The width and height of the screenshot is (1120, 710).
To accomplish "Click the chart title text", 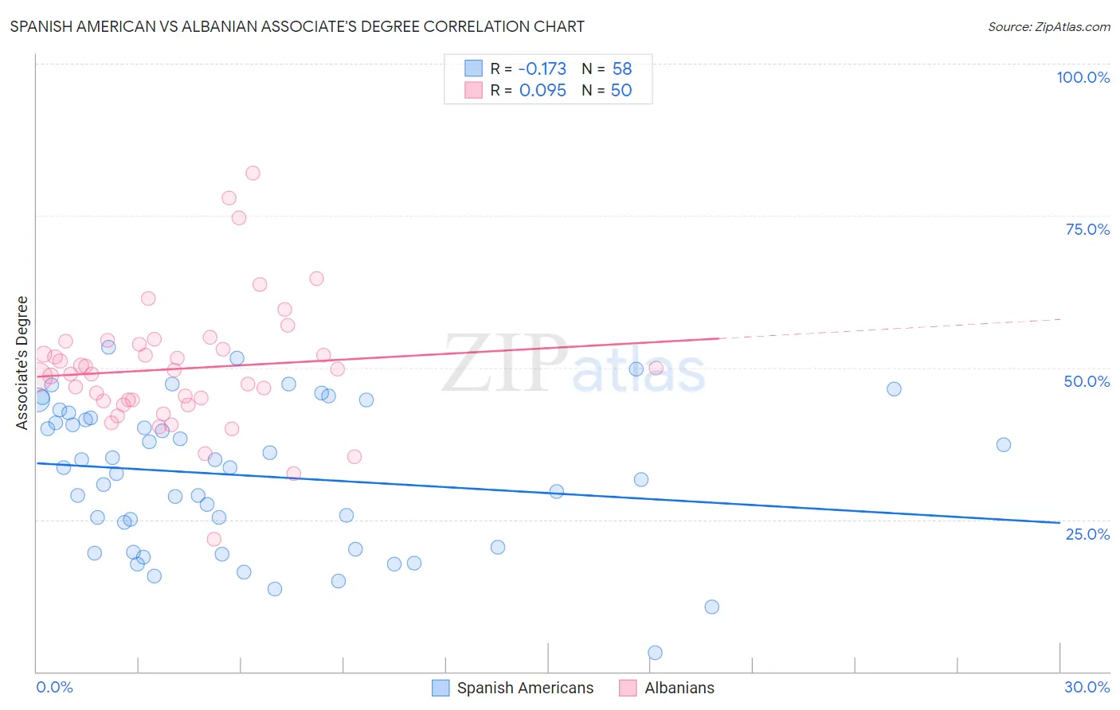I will tap(297, 26).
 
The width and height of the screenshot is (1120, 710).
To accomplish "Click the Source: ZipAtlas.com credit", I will tap(1048, 26).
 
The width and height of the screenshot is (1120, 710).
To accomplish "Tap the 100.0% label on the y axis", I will tap(1083, 77).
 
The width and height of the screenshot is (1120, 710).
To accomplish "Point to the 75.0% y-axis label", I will tap(1087, 229).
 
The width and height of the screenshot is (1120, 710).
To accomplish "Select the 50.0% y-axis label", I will tap(1087, 381).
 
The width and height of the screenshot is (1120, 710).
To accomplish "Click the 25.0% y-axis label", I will tap(1087, 534).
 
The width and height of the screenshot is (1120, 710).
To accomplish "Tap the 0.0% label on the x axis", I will tap(54, 687).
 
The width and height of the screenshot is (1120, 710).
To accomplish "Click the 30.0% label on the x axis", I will tap(1087, 687).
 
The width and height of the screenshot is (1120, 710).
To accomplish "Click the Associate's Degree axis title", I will tap(22, 363).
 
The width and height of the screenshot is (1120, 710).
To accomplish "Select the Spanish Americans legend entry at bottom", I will tap(525, 688).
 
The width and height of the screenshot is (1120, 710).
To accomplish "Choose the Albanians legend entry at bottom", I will tap(679, 688).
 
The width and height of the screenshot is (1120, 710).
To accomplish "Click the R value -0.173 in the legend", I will tap(542, 68).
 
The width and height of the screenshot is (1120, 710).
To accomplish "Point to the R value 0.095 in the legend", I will tap(542, 90).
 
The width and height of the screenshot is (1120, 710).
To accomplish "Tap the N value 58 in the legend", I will tap(621, 68).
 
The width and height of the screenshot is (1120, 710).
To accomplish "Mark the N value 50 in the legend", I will tap(621, 90).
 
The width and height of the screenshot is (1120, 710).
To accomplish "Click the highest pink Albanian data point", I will tap(253, 173).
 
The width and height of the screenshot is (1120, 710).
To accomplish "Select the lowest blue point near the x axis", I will tap(655, 653).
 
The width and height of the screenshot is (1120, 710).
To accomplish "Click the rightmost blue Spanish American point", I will tap(1004, 444).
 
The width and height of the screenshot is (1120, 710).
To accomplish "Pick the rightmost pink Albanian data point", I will tap(656, 368).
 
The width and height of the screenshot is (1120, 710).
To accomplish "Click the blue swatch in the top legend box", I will tap(474, 68).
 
